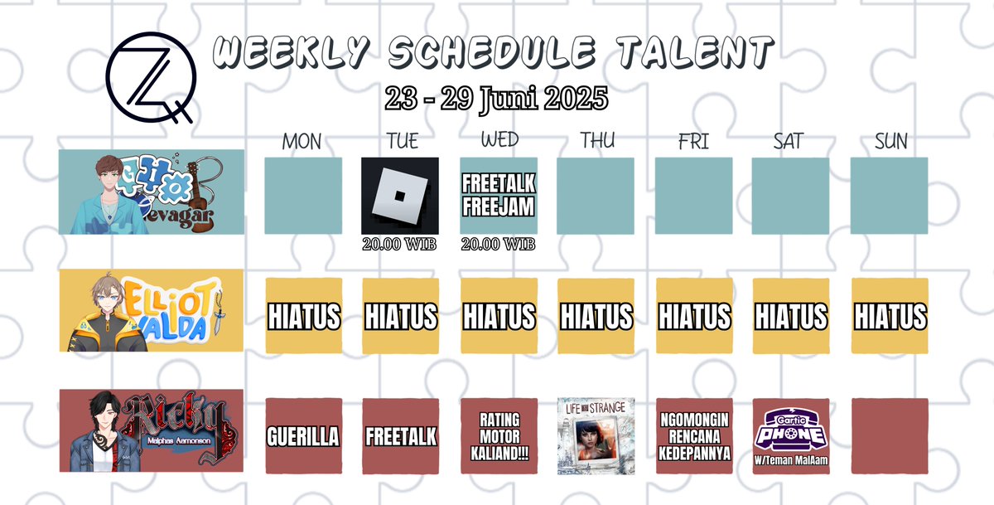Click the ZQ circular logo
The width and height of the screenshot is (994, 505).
click(x=150, y=76)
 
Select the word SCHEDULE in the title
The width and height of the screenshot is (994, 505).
click(x=492, y=55)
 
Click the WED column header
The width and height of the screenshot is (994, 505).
click(x=499, y=141)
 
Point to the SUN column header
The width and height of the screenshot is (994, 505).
click(x=890, y=142)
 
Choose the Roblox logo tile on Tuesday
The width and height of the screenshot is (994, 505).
click(x=400, y=196)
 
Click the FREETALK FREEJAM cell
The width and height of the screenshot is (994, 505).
click(x=499, y=196)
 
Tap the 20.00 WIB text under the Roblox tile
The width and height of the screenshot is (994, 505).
click(x=400, y=245)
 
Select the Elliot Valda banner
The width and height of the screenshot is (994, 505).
click(x=152, y=311)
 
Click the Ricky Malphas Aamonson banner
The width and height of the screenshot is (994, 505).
click(x=152, y=430)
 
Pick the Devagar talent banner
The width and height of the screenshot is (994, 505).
click(x=152, y=192)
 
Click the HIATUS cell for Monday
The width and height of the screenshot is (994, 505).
click(x=303, y=316)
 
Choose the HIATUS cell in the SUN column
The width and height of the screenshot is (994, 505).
click(x=890, y=316)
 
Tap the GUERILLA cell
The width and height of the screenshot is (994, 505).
click(x=303, y=436)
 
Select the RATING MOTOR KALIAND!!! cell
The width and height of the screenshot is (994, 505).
click(x=499, y=436)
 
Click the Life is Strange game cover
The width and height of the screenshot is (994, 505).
click(x=596, y=436)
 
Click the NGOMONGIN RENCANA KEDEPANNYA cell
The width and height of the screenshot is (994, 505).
click(x=694, y=436)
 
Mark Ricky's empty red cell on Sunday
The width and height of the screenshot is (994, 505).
click(x=890, y=436)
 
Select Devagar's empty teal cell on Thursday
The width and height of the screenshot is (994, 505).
click(x=596, y=196)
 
